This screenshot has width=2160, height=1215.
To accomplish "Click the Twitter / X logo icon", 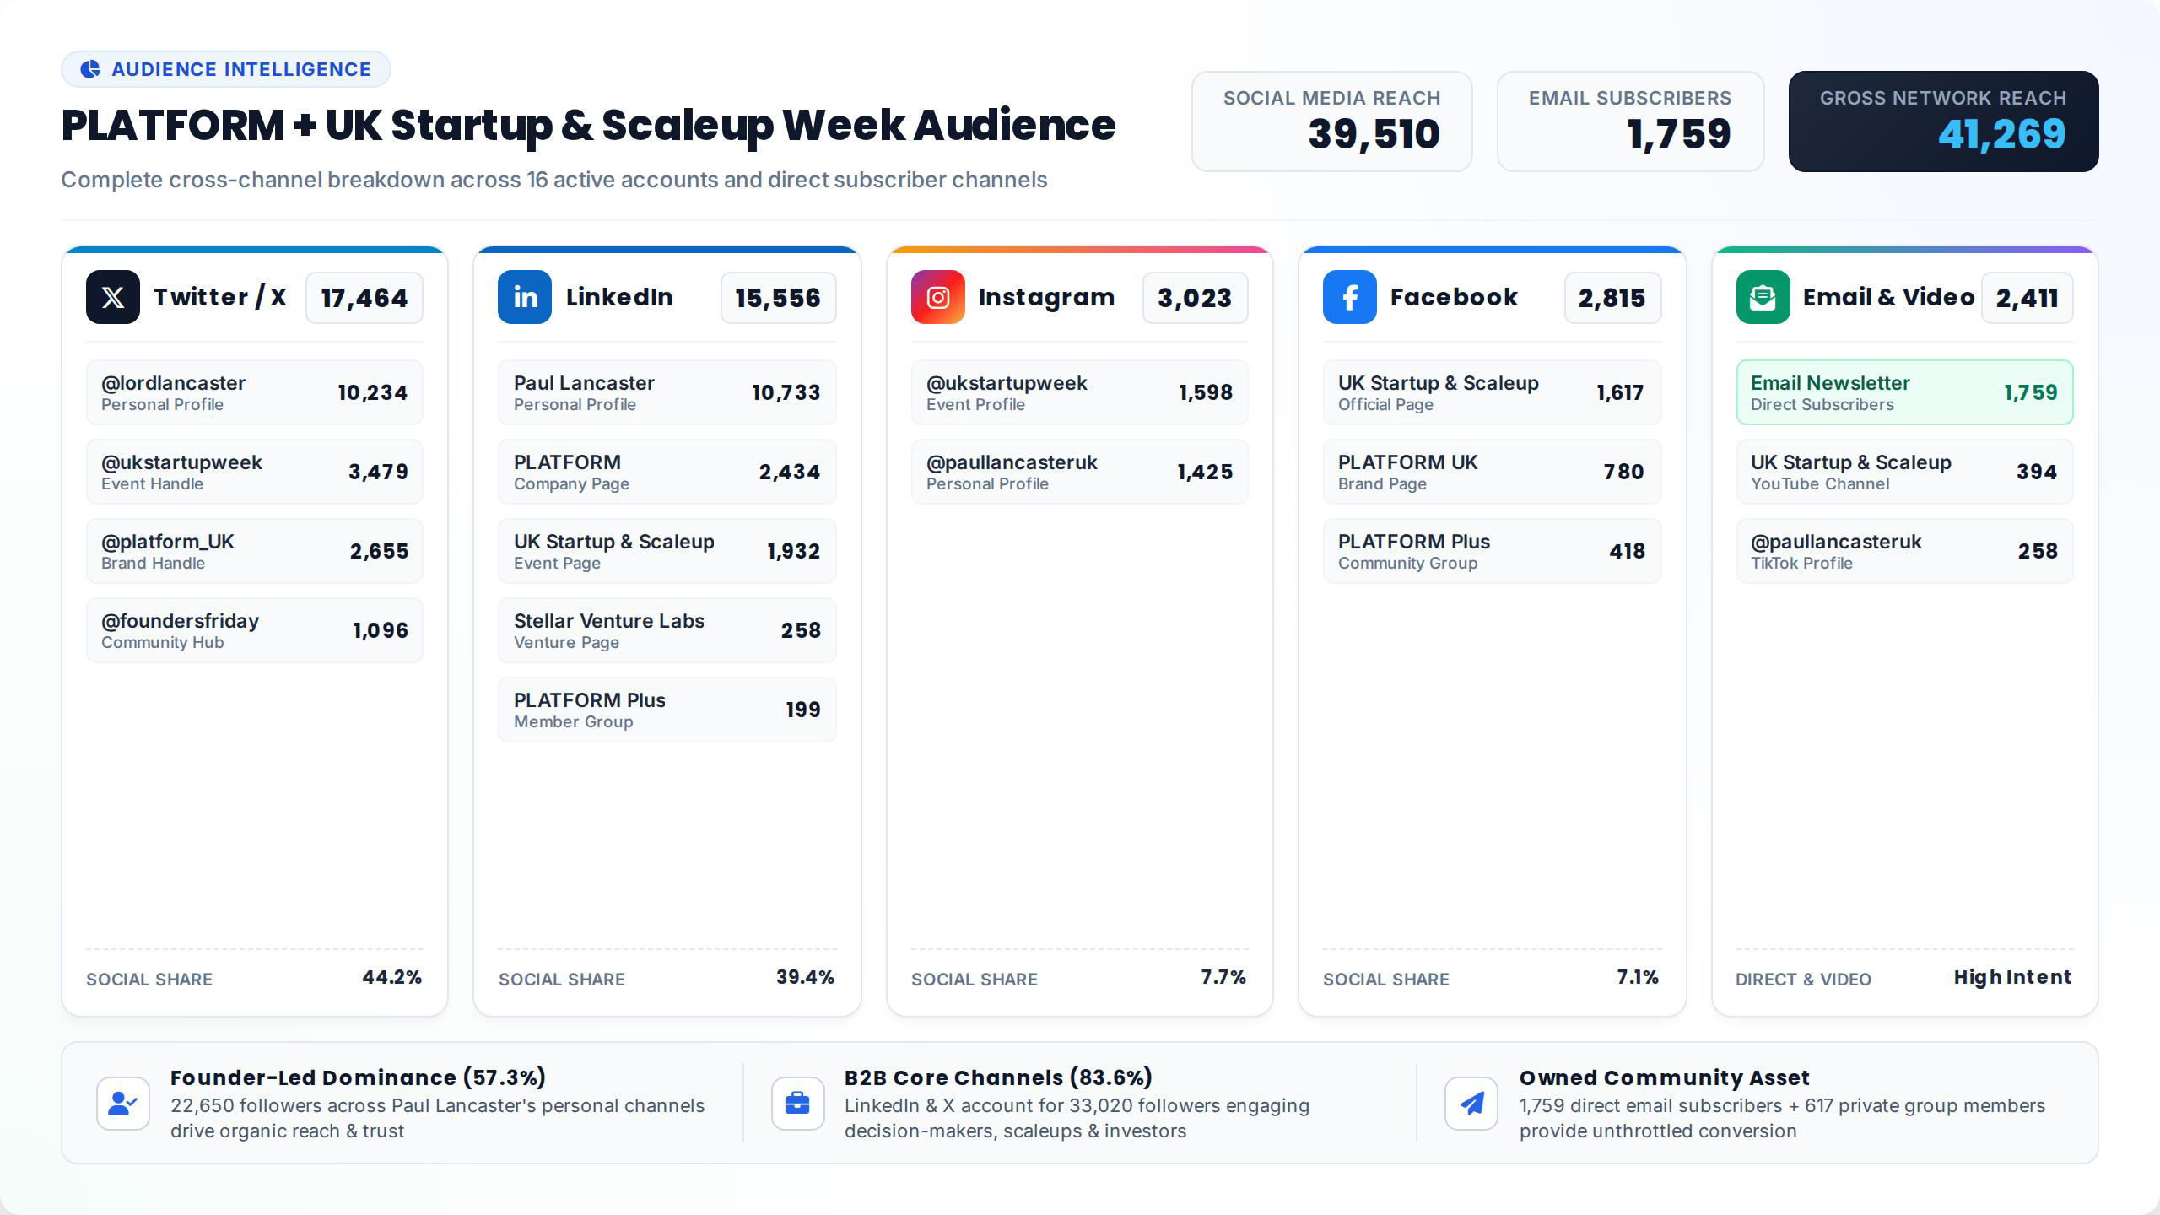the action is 113,297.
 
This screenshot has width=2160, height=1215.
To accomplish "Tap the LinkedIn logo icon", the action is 525,297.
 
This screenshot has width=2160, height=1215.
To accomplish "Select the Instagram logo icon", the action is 938,297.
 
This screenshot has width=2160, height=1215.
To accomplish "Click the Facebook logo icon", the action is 1350,297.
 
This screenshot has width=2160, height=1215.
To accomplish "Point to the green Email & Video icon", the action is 1763,297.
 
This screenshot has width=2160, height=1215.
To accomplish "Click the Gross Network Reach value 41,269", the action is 2001,134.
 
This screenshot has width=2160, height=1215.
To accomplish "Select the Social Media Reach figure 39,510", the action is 1374,134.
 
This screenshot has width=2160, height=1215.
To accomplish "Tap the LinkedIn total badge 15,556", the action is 778,298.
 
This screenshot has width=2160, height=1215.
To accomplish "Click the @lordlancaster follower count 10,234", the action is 372,392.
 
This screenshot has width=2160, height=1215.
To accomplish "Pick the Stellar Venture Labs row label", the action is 608,621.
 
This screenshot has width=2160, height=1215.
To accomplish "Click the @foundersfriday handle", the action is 180,621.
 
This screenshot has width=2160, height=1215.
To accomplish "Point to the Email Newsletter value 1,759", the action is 2030,392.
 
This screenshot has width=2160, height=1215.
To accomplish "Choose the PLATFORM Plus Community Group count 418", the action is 1627,551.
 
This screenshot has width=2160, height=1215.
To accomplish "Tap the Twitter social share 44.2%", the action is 392,977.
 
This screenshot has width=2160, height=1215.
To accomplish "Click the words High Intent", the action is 2012,977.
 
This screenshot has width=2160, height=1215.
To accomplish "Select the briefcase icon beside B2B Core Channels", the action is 797,1103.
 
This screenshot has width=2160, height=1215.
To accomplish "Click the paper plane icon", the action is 1471,1103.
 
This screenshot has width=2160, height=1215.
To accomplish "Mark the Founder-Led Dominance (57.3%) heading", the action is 358,1077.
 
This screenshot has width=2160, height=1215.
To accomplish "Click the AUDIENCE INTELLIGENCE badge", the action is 226,69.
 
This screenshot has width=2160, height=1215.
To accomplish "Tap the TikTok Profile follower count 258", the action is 2037,551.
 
